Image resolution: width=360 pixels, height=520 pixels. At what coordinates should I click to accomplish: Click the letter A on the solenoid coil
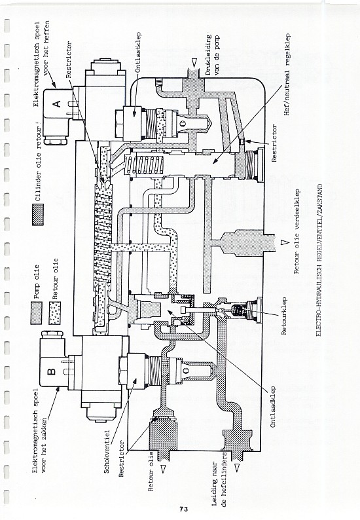point(58,103)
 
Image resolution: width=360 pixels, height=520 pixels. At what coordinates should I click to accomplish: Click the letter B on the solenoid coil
point(52,371)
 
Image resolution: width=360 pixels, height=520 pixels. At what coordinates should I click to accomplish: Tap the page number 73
point(184,509)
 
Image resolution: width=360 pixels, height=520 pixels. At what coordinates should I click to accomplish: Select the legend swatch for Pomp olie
point(37,312)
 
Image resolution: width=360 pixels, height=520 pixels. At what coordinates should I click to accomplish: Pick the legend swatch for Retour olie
point(55,312)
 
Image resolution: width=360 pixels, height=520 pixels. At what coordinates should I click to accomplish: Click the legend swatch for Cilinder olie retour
point(38,215)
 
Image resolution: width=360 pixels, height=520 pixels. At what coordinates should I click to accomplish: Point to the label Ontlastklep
point(139,51)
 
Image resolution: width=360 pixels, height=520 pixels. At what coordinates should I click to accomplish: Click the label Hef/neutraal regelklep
point(287,73)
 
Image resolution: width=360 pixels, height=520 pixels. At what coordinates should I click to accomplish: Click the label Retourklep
point(284,316)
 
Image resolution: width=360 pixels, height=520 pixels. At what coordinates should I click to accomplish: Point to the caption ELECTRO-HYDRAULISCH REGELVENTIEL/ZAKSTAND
point(319,260)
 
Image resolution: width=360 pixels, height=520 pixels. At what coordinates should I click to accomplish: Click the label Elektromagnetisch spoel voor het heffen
point(41,64)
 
